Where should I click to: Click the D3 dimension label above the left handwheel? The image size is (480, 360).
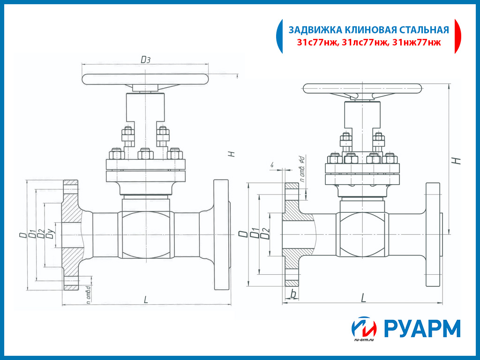(146, 60)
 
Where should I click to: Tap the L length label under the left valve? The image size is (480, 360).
(146, 300)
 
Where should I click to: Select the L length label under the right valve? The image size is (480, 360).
(363, 297)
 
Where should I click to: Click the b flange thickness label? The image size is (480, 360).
(293, 294)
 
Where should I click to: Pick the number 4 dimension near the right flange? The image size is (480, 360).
(272, 165)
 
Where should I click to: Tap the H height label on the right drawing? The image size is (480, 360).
(458, 160)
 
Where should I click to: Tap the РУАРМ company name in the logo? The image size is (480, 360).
(422, 329)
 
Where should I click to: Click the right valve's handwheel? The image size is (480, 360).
(363, 88)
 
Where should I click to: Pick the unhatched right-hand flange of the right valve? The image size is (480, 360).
(433, 234)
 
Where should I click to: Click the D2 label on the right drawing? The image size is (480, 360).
(265, 233)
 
